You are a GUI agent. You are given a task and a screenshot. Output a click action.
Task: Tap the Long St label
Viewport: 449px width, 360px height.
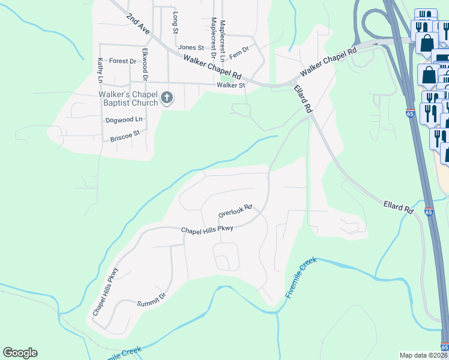[175, 23]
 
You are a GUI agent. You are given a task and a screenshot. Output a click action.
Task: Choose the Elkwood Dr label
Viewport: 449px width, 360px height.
[145, 65]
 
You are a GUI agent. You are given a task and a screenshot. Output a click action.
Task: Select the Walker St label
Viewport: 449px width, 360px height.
[231, 85]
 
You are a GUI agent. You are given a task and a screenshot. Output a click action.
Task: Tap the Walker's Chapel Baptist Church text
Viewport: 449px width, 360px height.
[128, 98]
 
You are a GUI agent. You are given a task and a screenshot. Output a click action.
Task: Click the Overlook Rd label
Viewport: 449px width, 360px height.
[235, 212]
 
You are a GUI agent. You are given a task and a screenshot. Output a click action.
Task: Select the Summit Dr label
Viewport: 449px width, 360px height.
[151, 299]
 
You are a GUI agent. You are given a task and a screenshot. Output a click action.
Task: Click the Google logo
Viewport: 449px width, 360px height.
[20, 353]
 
